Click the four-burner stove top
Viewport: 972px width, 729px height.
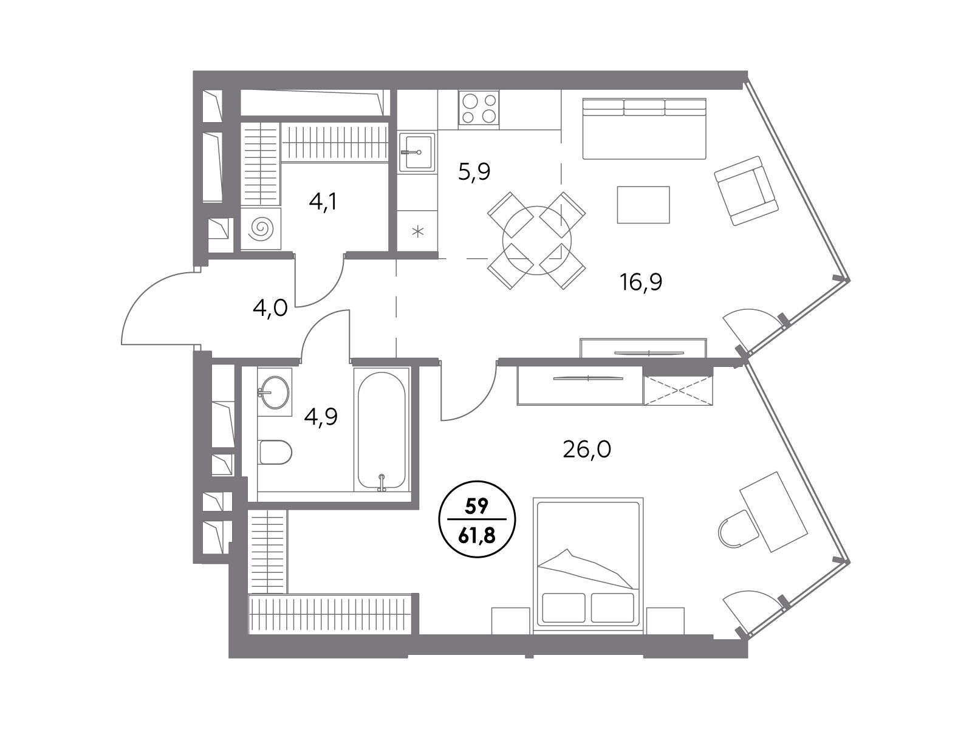(x=479, y=107)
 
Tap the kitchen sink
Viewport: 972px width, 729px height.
(x=417, y=152)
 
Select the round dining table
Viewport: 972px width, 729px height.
(x=536, y=241)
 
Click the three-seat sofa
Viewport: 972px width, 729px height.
(x=645, y=129)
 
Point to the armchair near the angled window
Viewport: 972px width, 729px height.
(x=747, y=191)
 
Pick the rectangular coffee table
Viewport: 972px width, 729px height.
(x=643, y=205)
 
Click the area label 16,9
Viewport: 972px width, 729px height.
(x=641, y=282)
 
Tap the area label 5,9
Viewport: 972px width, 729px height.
(x=474, y=172)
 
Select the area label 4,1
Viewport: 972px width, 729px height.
(x=323, y=202)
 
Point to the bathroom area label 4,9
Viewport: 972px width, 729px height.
(x=321, y=417)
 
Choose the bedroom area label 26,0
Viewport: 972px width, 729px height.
(x=587, y=450)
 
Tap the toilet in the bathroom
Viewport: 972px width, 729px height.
(x=275, y=452)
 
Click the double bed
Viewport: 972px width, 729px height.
(x=588, y=566)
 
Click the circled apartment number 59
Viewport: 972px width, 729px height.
(x=476, y=507)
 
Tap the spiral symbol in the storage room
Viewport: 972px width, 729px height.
(x=261, y=229)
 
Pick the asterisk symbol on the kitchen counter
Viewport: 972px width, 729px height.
(x=417, y=231)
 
